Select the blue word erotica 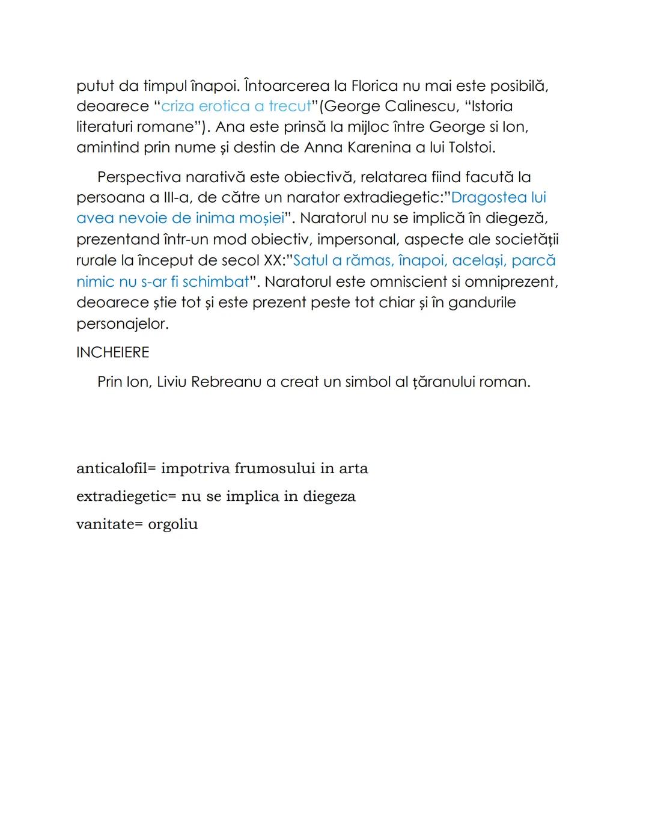pyautogui.click(x=224, y=106)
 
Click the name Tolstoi pyautogui.click(x=472, y=147)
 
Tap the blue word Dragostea pyautogui.click(x=484, y=198)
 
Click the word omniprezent pyautogui.click(x=511, y=282)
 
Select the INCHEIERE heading pyautogui.click(x=113, y=352)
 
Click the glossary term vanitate pyautogui.click(x=103, y=524)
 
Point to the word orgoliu pyautogui.click(x=173, y=524)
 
